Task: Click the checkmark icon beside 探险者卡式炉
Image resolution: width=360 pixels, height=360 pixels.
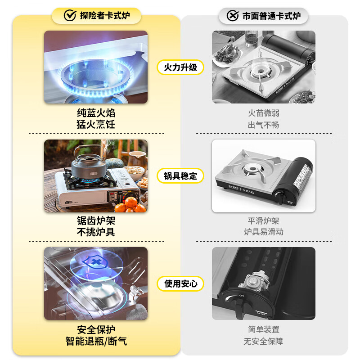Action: [x=69, y=16]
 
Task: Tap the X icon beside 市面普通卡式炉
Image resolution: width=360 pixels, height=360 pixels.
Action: [x=232, y=16]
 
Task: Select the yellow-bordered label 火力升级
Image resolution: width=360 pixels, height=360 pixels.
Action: [x=180, y=67]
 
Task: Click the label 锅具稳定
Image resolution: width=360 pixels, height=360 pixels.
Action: [x=180, y=175]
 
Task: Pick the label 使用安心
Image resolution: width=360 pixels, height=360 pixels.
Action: [x=180, y=283]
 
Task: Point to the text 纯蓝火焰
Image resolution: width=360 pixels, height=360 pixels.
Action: [x=96, y=113]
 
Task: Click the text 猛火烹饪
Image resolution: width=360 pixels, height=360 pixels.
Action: [x=96, y=125]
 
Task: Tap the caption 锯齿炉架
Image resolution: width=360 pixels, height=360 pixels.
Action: [x=96, y=221]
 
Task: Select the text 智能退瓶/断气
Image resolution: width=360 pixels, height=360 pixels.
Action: [x=96, y=341]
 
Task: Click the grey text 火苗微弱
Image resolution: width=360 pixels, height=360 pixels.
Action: [x=264, y=113]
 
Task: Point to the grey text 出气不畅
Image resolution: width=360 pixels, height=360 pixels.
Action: [x=264, y=125]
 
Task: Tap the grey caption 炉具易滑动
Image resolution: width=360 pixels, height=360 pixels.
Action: [x=264, y=232]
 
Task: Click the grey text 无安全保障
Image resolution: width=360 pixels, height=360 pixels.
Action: [x=264, y=341]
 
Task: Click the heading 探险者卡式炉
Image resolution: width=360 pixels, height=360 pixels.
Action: [x=104, y=16]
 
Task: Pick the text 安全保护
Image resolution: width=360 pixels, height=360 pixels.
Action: [x=96, y=329]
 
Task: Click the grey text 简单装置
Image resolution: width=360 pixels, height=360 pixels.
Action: [x=264, y=329]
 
